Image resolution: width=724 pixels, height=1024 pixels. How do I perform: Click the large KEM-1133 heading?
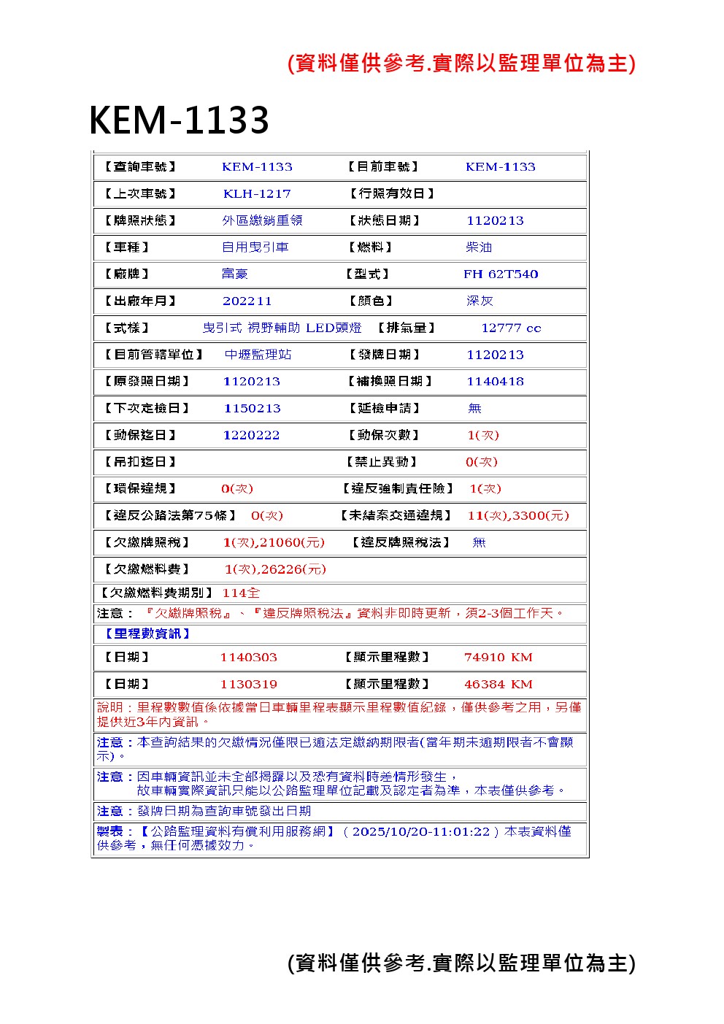click(179, 120)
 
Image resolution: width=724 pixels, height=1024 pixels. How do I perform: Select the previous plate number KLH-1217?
click(257, 193)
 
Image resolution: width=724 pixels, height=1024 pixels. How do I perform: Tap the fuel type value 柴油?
click(479, 247)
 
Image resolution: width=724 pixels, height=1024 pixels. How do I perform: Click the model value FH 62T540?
click(501, 274)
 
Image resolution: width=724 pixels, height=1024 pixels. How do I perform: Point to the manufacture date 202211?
click(247, 301)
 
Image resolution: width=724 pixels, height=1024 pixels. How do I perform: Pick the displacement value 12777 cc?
click(511, 328)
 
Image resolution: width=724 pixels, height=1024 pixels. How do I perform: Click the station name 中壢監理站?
click(258, 355)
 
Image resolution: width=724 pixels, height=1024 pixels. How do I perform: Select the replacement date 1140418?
click(495, 381)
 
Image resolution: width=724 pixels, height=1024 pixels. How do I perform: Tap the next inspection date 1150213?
click(252, 408)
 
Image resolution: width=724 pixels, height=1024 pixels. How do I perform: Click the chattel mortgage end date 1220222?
click(251, 435)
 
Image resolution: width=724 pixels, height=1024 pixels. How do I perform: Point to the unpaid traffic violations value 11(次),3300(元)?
click(518, 515)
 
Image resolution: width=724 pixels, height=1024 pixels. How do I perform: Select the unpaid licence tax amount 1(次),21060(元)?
click(274, 542)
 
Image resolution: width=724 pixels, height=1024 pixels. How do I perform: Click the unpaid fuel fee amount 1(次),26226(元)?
click(275, 569)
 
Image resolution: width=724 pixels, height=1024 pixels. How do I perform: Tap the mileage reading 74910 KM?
click(498, 657)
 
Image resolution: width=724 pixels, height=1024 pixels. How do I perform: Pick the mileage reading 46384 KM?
click(498, 684)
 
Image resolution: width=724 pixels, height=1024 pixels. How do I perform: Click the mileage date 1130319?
click(248, 684)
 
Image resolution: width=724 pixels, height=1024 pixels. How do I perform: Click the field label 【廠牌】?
click(127, 274)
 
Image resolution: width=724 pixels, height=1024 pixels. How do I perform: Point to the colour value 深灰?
click(480, 301)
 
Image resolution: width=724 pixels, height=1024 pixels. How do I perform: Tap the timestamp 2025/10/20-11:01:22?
click(421, 831)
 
